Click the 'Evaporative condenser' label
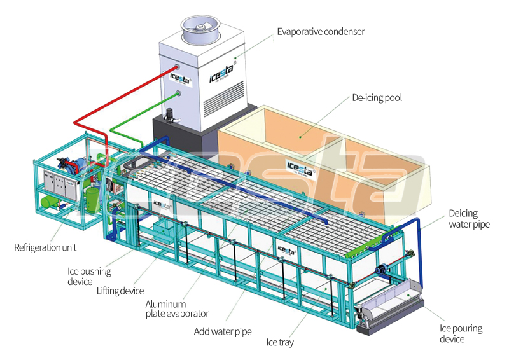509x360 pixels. [321, 32]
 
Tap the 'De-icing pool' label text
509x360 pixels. [377, 98]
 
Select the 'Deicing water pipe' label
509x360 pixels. [469, 218]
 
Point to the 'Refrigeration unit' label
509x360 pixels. [45, 247]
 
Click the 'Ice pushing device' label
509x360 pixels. [89, 276]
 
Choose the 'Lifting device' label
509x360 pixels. [120, 291]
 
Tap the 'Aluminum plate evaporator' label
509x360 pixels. [177, 308]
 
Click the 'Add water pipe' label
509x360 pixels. [223, 331]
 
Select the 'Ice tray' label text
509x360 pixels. [280, 342]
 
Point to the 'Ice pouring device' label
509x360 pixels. [461, 333]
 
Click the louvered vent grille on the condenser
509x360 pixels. [223, 95]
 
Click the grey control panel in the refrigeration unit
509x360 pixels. [60, 184]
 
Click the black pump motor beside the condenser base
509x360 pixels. [169, 116]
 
